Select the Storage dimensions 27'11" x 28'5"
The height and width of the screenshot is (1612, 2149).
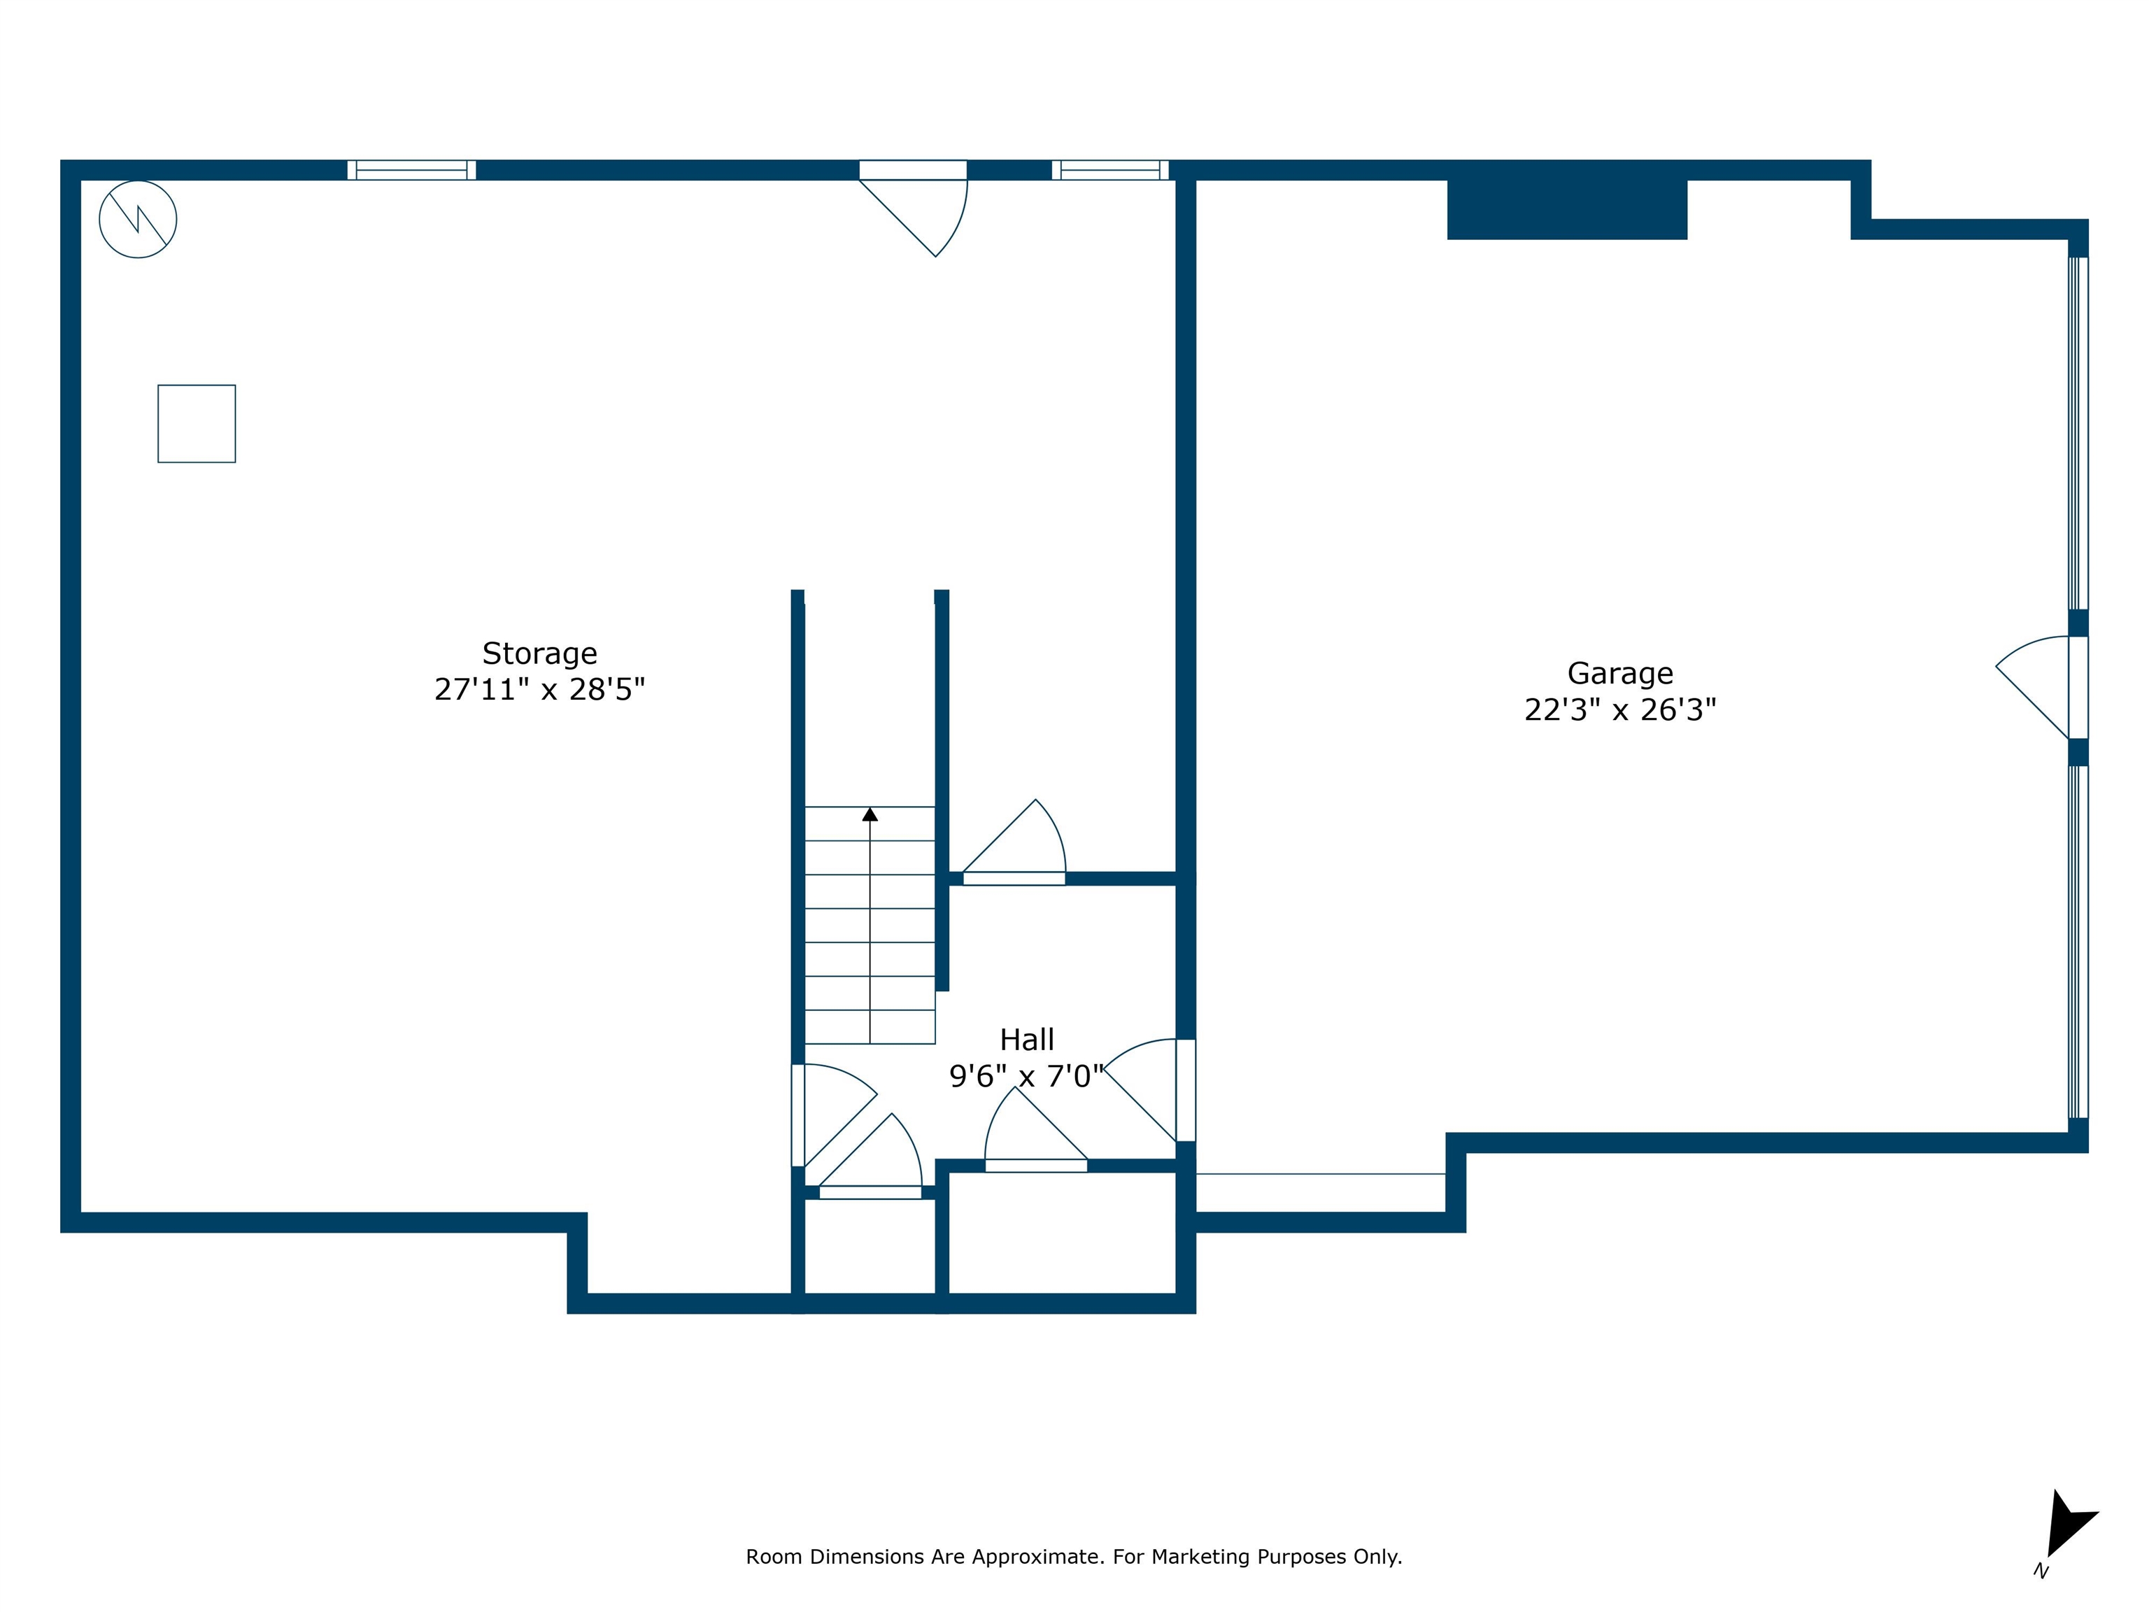pyautogui.click(x=539, y=689)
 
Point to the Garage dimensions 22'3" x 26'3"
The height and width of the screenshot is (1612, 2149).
pyautogui.click(x=1619, y=710)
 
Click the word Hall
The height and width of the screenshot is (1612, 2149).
pyautogui.click(x=1027, y=1040)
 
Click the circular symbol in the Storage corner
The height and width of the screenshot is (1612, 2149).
pyautogui.click(x=138, y=220)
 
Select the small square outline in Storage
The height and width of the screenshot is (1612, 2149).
pyautogui.click(x=197, y=424)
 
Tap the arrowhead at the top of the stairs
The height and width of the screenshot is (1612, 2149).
pyautogui.click(x=870, y=814)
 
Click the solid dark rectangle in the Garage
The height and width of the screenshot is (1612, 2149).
pyautogui.click(x=1567, y=209)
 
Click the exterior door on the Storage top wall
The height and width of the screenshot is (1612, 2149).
pyautogui.click(x=913, y=208)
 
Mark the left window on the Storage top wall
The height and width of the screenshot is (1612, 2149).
pyautogui.click(x=412, y=170)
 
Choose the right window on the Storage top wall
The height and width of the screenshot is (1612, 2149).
pyautogui.click(x=1110, y=170)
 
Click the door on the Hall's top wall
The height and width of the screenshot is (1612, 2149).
pyautogui.click(x=1014, y=842)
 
